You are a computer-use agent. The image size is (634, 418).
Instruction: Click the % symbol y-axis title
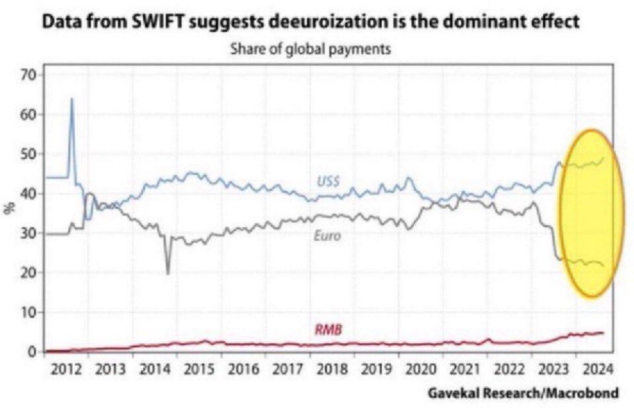(10, 209)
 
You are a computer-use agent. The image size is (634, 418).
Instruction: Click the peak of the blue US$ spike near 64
(71, 99)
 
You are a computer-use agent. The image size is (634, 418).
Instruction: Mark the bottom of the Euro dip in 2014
(168, 273)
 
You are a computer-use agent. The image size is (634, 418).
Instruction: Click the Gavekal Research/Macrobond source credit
(522, 393)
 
